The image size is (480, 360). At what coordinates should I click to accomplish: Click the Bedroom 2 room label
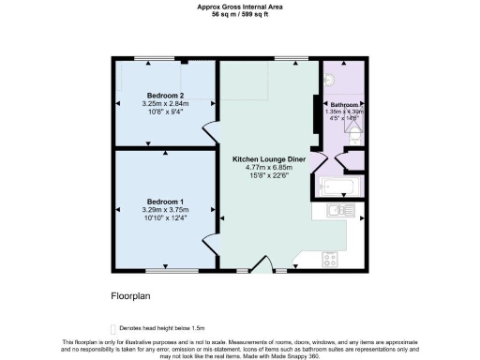click(162, 94)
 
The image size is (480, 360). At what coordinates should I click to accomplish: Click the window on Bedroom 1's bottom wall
click(166, 272)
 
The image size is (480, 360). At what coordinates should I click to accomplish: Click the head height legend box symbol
click(113, 329)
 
